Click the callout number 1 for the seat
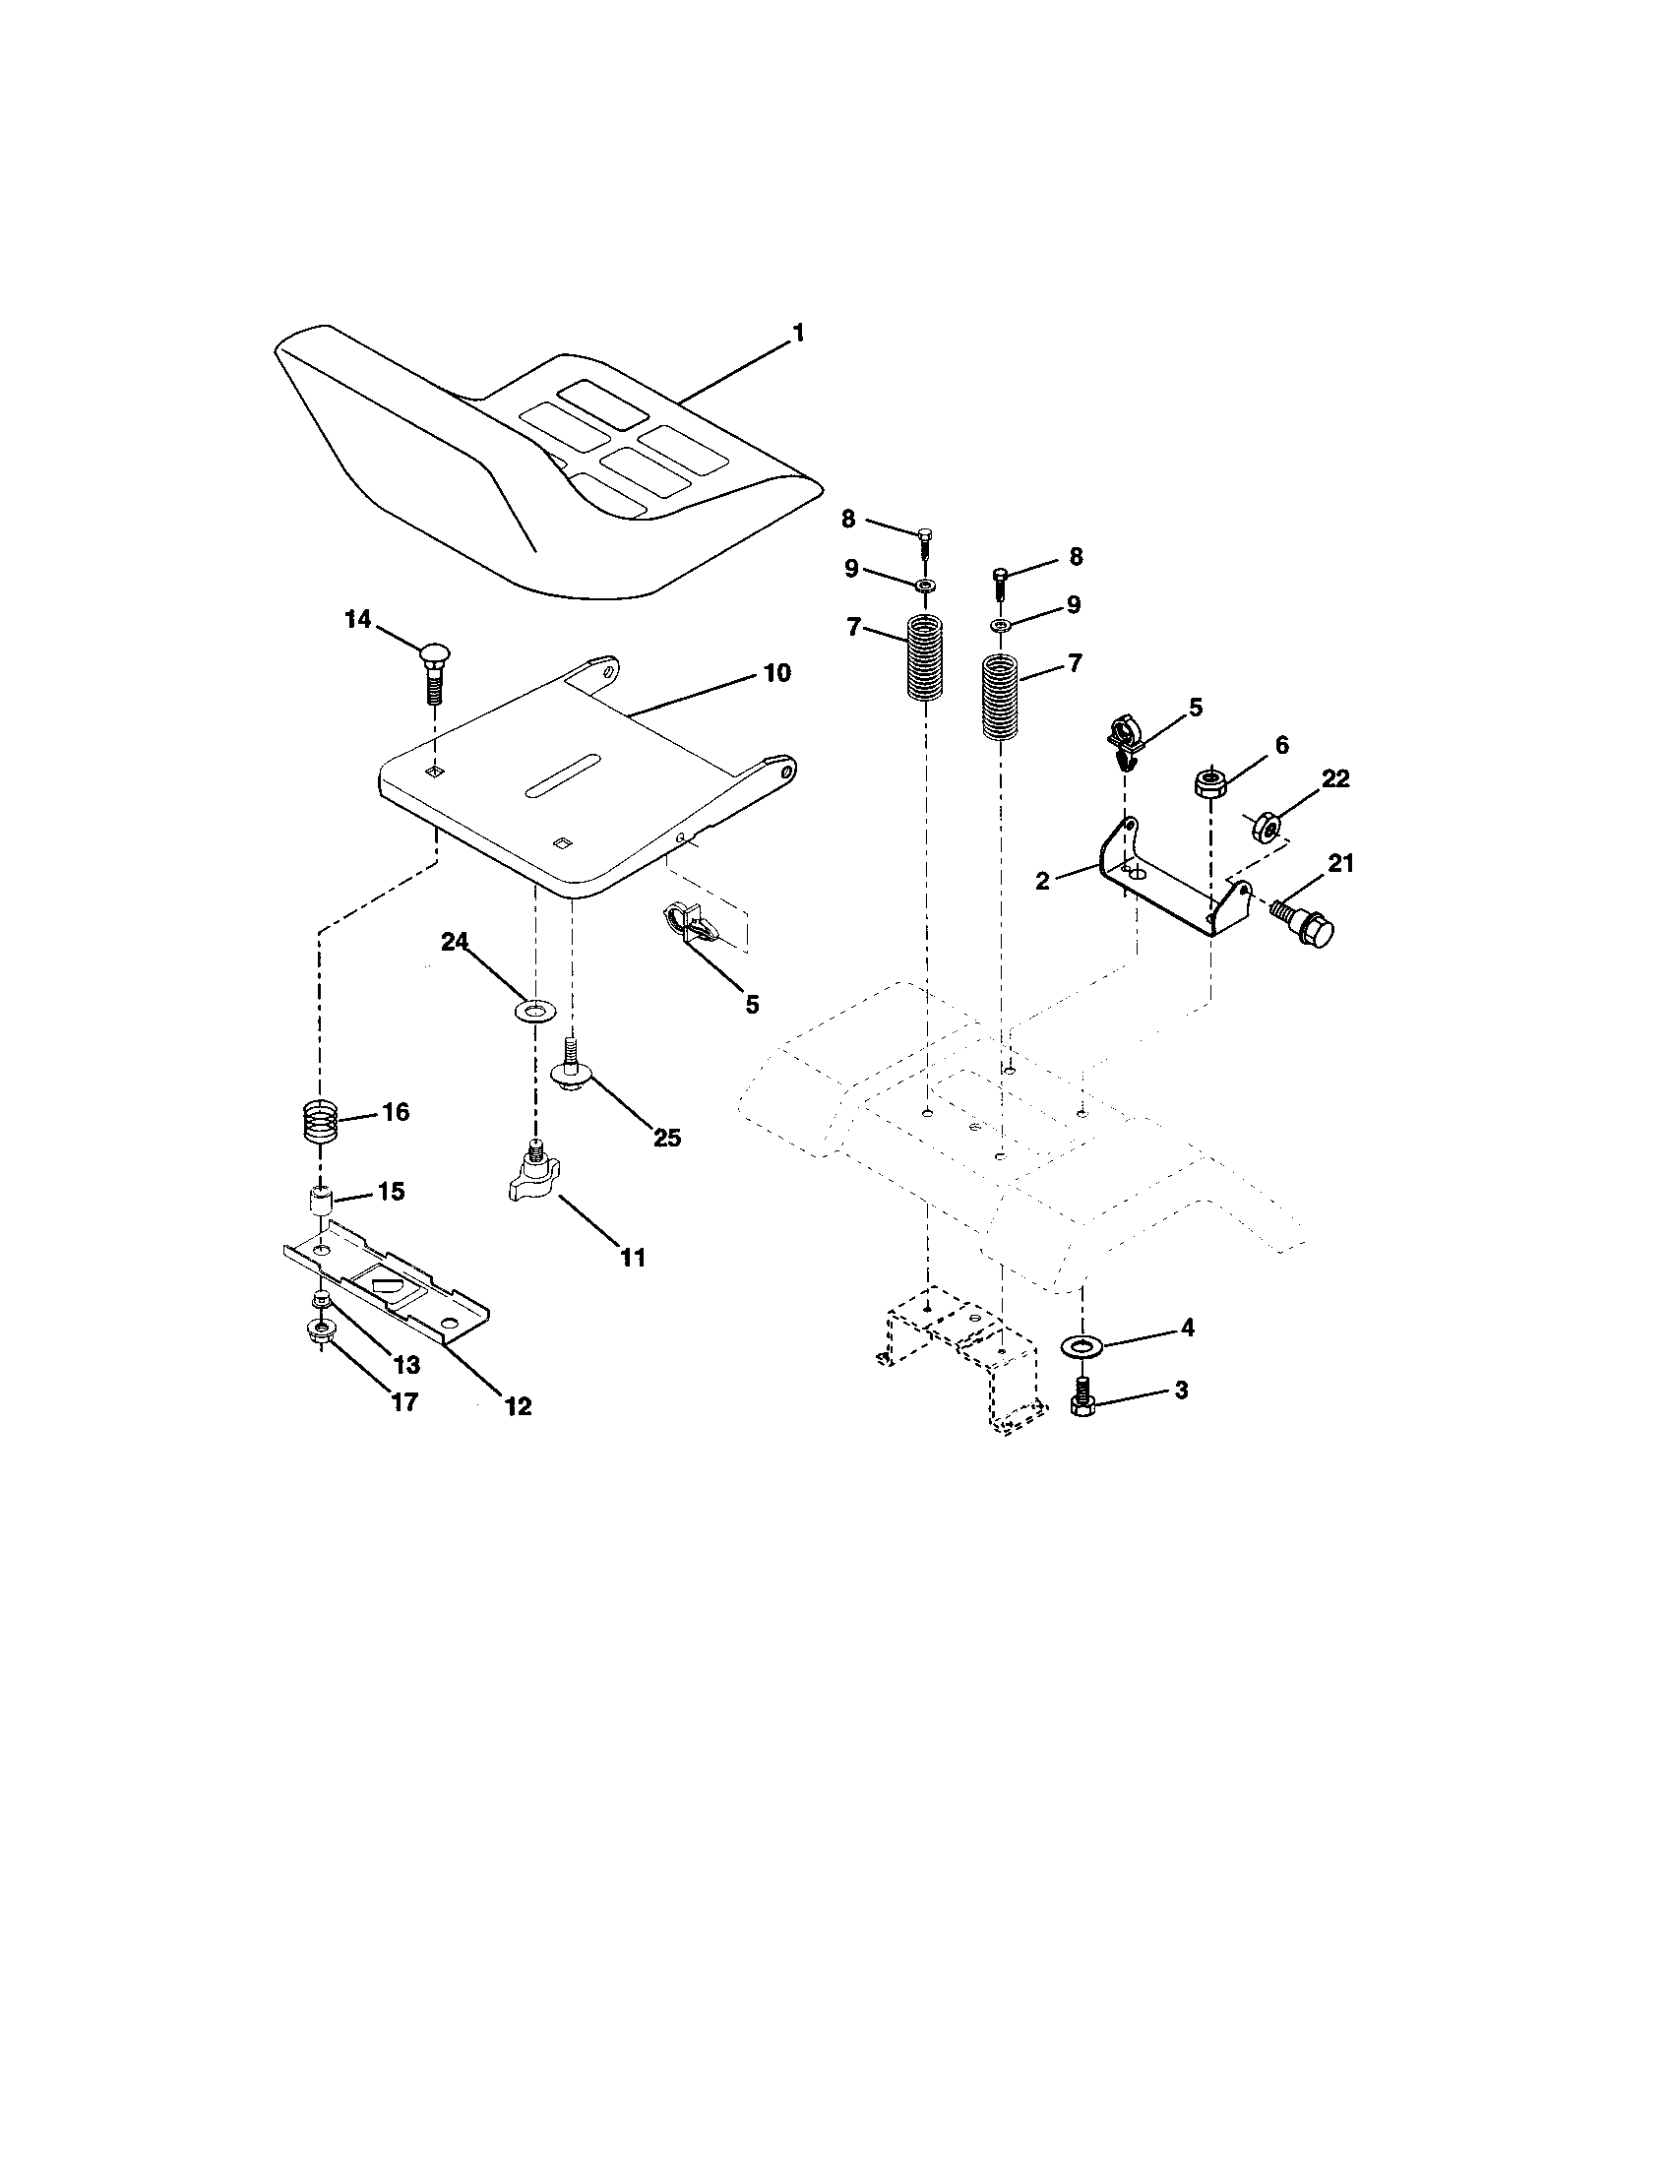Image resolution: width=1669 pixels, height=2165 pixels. (x=798, y=333)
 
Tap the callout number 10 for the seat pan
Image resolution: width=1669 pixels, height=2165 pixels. (x=777, y=673)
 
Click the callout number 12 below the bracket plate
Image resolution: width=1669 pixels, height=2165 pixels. (x=518, y=1404)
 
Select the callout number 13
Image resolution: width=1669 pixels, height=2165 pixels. (x=405, y=1365)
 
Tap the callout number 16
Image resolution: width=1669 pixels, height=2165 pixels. (x=395, y=1112)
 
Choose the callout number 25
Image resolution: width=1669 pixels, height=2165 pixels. (x=667, y=1138)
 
